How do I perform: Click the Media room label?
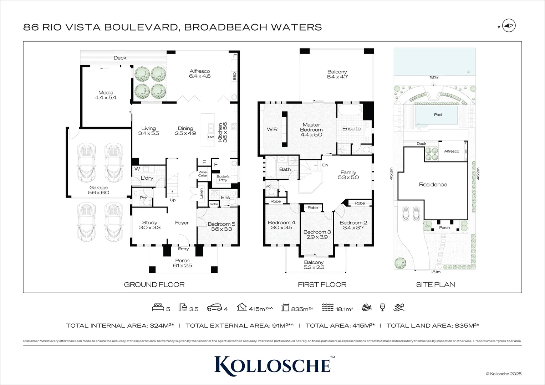tap(106, 93)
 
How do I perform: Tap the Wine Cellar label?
tap(203, 174)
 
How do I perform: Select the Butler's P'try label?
tap(223, 178)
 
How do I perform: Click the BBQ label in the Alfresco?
tap(234, 76)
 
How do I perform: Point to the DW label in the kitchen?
tap(211, 137)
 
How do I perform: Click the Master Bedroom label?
tap(311, 127)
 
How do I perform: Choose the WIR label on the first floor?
tap(272, 129)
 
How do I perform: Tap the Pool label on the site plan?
tap(438, 115)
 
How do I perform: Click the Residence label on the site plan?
tap(433, 185)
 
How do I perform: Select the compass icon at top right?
tap(509, 26)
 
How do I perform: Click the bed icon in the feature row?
tap(158, 307)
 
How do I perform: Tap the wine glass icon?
tap(383, 307)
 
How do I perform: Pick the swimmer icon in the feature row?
tap(399, 307)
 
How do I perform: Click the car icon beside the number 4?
tap(215, 307)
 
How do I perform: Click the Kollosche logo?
tap(272, 364)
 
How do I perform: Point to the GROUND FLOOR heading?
tap(154, 284)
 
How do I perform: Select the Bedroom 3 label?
tap(317, 232)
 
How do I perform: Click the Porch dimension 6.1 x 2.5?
tap(182, 266)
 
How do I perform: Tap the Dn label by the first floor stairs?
tap(325, 165)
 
